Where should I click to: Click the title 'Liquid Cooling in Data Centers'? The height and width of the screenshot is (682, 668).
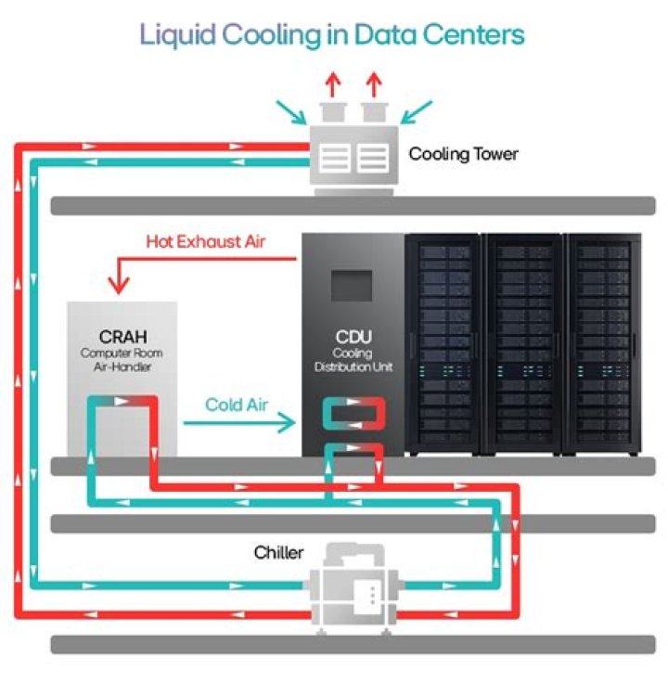(332, 33)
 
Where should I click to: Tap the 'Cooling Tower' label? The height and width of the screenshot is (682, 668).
(463, 153)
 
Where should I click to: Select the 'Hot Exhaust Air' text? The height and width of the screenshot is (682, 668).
(206, 242)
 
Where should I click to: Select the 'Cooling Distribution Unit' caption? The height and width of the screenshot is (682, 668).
(352, 360)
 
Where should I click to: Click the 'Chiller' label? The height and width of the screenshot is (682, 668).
(278, 553)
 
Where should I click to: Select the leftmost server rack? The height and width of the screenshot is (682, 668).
(443, 344)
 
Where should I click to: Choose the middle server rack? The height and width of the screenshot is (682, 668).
(523, 344)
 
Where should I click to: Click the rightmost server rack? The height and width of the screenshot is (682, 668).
(603, 344)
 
